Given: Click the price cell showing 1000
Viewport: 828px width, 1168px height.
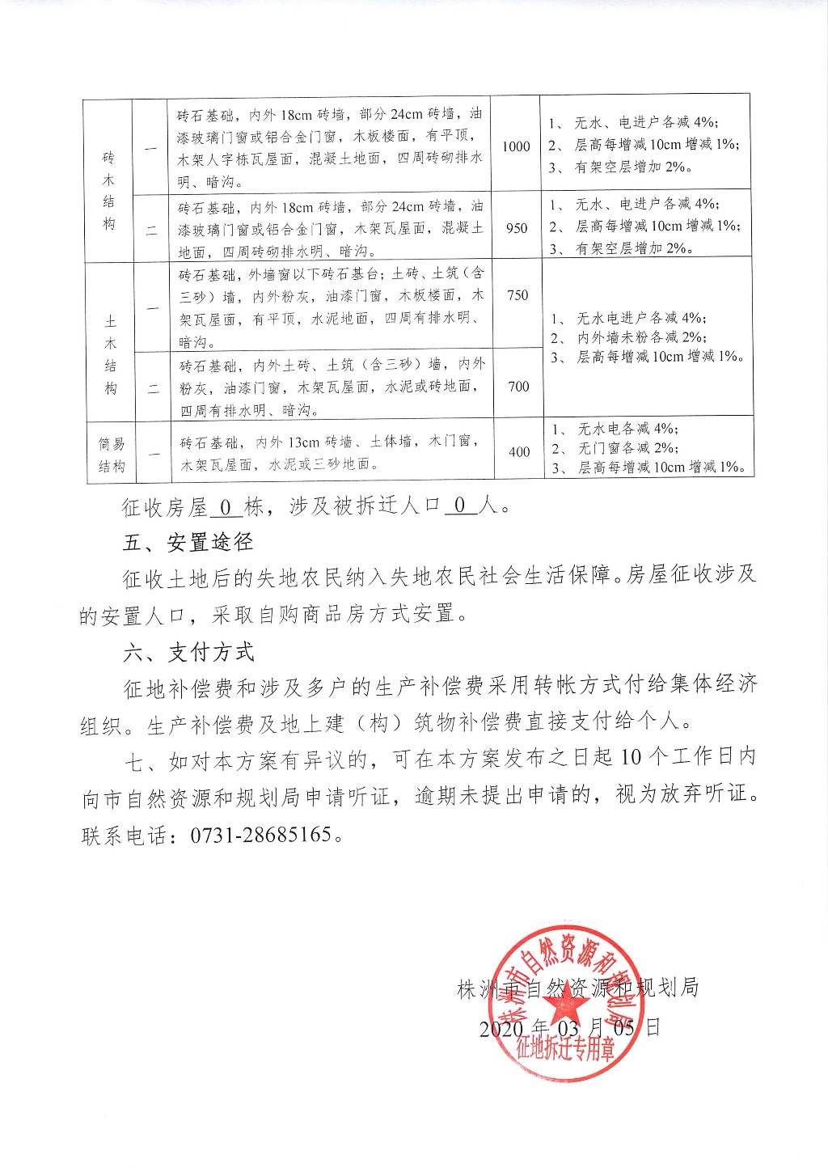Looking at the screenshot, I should (516, 146).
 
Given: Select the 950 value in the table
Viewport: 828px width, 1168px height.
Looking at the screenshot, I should (517, 228).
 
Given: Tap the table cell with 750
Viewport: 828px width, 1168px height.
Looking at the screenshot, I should (517, 295).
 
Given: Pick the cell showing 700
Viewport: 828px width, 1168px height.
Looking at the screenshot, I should (518, 387).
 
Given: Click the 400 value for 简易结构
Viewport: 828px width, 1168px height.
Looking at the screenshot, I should (519, 452).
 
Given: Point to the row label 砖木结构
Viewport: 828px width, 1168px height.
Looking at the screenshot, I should (108, 190).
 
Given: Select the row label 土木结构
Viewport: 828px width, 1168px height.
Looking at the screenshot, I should (110, 354).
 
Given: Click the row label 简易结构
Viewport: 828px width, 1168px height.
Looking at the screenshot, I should (112, 455).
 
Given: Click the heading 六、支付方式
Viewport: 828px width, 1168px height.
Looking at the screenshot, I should (188, 652).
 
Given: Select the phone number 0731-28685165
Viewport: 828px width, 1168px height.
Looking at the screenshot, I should (261, 835).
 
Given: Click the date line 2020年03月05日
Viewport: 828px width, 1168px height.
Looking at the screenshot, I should (569, 1028).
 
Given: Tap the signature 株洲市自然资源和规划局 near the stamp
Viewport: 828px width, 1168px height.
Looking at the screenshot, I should (577, 988).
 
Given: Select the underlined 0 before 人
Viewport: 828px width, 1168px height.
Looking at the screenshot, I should (459, 506).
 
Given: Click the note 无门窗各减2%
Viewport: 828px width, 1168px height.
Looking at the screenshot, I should (627, 447).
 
